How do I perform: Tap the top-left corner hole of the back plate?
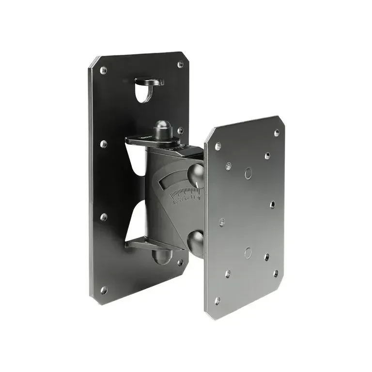click(103, 70)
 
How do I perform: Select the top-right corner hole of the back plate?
click(180, 64)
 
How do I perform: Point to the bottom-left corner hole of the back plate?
click(103, 290)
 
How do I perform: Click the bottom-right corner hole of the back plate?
click(180, 262)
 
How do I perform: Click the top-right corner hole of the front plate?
click(277, 132)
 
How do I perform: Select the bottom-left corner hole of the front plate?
click(217, 301)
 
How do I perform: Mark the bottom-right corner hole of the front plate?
click(276, 273)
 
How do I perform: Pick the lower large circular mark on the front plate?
click(248, 252)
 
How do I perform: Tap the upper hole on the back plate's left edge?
click(103, 144)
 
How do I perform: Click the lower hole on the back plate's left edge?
click(103, 217)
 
